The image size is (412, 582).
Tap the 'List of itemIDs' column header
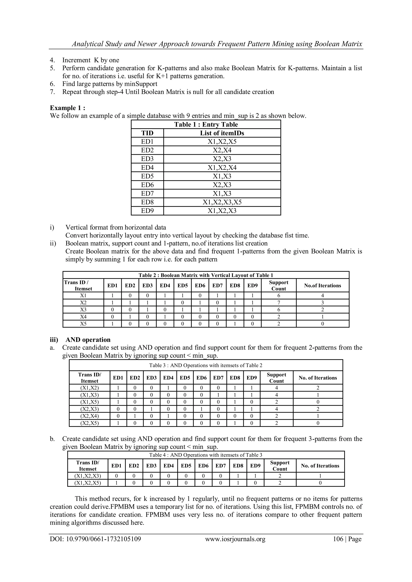pyautogui.click(x=222, y=133)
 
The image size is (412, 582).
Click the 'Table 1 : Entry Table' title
pyautogui.click(x=206, y=124)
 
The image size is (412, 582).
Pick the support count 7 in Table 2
pyautogui.click(x=279, y=303)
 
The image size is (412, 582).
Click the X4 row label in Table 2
pyautogui.click(x=83, y=317)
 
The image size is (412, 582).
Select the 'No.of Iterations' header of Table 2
pyautogui.click(x=322, y=285)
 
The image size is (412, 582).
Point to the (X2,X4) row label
pyautogui.click(x=89, y=416)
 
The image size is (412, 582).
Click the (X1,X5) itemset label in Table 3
pyautogui.click(x=89, y=402)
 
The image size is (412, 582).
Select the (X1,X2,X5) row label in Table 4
pyautogui.click(x=88, y=483)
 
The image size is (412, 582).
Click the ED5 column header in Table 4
pyautogui.click(x=186, y=466)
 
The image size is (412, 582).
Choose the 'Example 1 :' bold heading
pyautogui.click(x=67, y=108)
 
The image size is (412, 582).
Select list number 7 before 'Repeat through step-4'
pyautogui.click(x=52, y=92)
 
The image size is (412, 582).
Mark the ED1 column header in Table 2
pyautogui.click(x=112, y=285)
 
